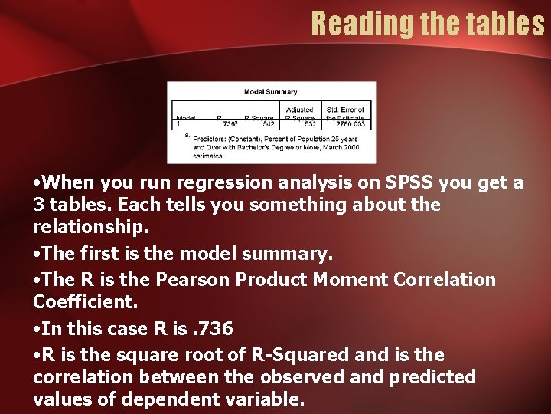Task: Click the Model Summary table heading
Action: pyautogui.click(x=271, y=92)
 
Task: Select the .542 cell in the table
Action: pyautogui.click(x=267, y=123)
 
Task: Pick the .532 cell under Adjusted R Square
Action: pyautogui.click(x=308, y=123)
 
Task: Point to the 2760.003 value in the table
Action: pyautogui.click(x=351, y=123)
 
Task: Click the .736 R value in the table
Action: pyautogui.click(x=228, y=123)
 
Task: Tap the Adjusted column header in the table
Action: pyautogui.click(x=300, y=110)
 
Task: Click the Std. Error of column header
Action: pyautogui.click(x=346, y=110)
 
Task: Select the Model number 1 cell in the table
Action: pyautogui.click(x=179, y=123)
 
